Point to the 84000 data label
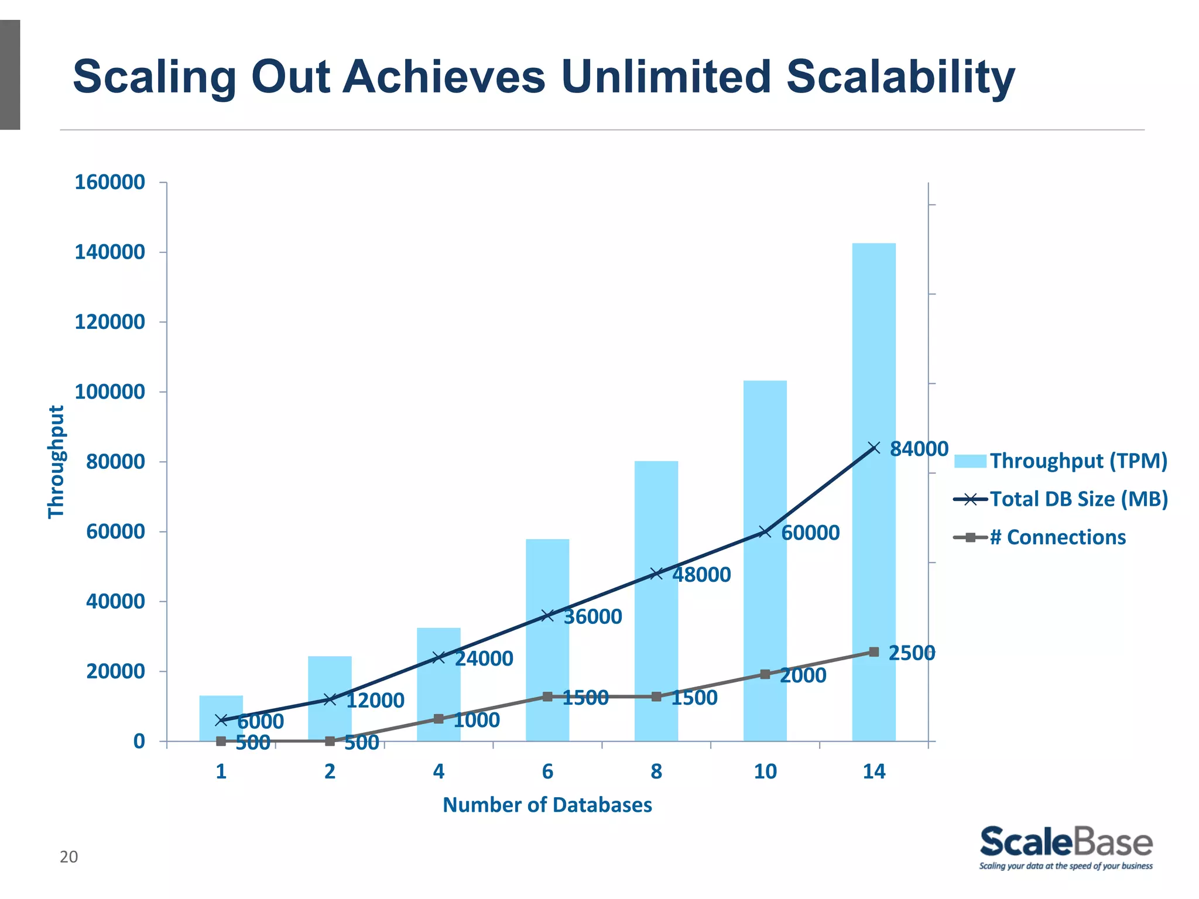(919, 449)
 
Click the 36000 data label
(592, 617)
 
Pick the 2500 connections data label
(911, 653)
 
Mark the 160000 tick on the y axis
(109, 183)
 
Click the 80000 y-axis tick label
(115, 462)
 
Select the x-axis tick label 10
(765, 772)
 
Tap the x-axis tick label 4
(439, 772)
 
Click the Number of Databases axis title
(547, 805)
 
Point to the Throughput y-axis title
(56, 462)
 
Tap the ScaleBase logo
(1066, 847)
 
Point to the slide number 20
(68, 857)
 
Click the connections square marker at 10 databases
(765, 674)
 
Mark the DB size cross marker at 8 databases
(656, 574)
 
